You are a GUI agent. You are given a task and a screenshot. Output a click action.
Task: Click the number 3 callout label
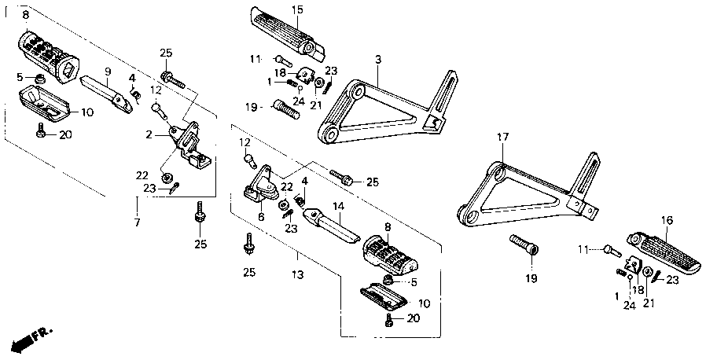tap(377, 59)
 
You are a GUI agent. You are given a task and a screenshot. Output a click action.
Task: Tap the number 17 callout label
tap(502, 138)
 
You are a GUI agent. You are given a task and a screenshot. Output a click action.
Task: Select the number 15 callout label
tap(296, 9)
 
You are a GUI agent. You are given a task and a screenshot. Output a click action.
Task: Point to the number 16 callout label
tap(667, 221)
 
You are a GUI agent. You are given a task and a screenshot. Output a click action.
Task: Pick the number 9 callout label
tap(108, 71)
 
